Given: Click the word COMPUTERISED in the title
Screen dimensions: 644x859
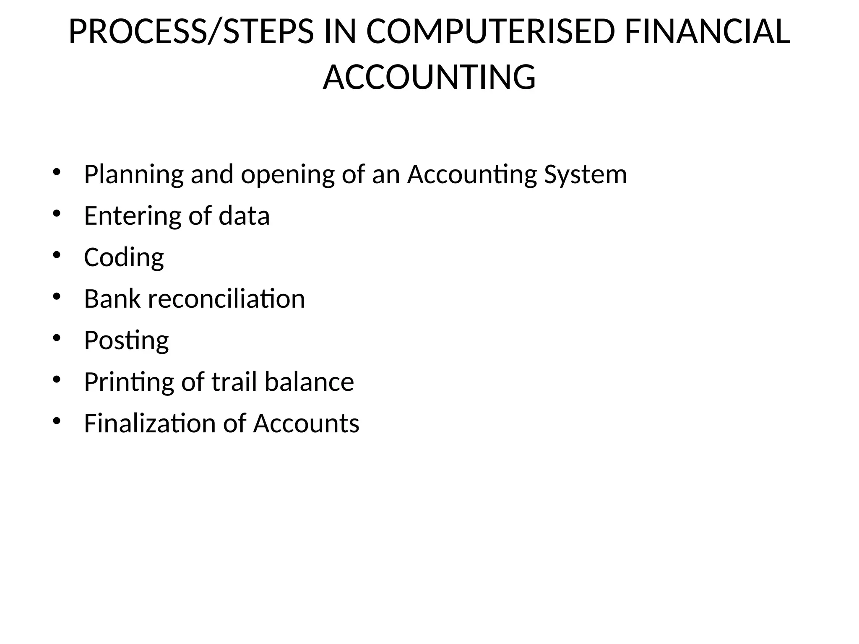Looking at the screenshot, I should tap(490, 32).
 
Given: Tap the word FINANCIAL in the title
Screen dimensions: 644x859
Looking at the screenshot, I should tap(707, 32).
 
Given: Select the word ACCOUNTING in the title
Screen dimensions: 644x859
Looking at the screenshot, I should tap(429, 77).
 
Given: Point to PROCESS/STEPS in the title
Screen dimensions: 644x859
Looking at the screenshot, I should tap(191, 32).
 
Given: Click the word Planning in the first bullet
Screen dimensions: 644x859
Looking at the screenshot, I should tap(134, 174).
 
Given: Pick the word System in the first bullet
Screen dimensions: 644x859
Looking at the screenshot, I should tap(585, 174).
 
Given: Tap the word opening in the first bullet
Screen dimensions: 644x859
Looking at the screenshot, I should tap(287, 174).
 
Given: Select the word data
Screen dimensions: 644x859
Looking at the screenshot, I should tap(244, 216).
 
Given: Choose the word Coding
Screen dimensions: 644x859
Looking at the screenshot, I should tap(124, 257).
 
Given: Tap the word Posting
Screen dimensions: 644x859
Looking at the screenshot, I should tap(126, 340).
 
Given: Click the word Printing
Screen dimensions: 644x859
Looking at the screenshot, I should tap(129, 382).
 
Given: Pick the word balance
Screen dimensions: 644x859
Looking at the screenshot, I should tap(309, 382).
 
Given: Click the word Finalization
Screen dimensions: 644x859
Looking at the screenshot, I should tap(150, 423).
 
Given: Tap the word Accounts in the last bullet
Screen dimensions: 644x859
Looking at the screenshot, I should tap(306, 423).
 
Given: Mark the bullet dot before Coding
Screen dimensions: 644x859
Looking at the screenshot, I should tap(57, 255).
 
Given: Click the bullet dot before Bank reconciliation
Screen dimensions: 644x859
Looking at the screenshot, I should tap(57, 296).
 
